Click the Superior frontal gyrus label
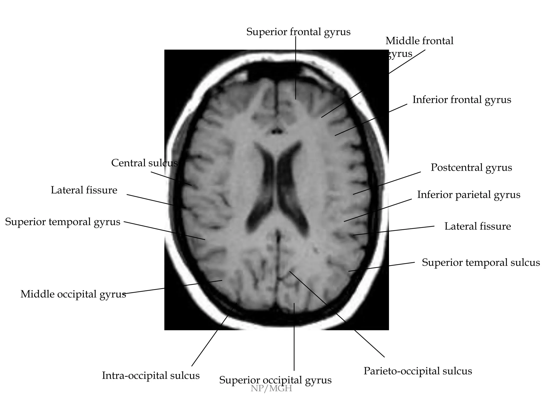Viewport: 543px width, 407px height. tap(298, 32)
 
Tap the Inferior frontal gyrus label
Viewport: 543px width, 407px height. tap(462, 100)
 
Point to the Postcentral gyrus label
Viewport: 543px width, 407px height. tap(471, 168)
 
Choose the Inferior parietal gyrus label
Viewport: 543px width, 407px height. tap(468, 195)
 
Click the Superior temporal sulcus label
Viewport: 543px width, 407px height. tap(481, 263)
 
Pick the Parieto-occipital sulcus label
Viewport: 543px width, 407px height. tap(418, 371)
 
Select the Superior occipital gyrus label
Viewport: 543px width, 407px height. tap(275, 380)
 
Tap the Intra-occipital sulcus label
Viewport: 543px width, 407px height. tap(151, 376)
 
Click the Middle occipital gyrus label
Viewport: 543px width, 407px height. tap(73, 294)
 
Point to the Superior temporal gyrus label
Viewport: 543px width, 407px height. tap(63, 222)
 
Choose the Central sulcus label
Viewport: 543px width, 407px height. tap(144, 163)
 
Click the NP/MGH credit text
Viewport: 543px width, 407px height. tap(271, 389)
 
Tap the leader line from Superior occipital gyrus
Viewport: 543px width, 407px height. tap(294, 337)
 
